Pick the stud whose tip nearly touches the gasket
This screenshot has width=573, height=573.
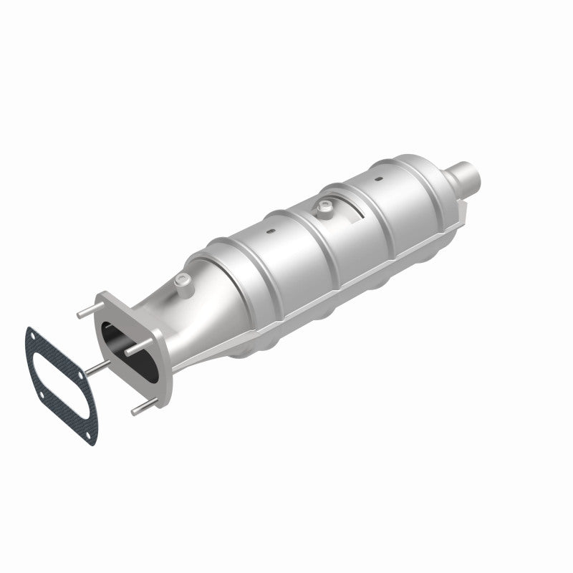[97, 366]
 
